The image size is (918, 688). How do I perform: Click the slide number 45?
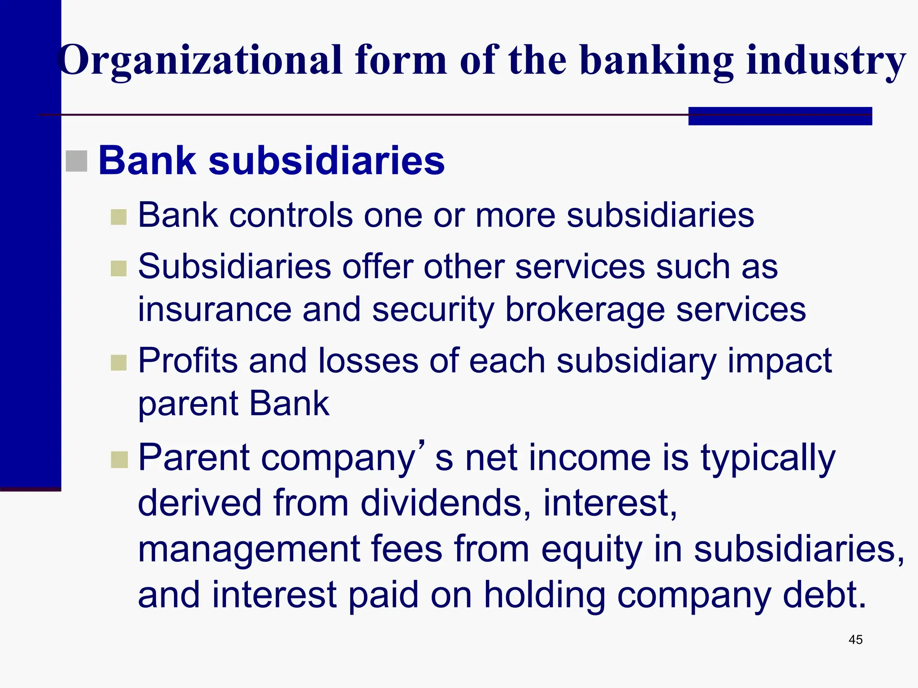coord(855,640)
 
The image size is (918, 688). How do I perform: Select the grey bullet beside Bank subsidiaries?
coord(77,161)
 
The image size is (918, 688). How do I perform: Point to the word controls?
coord(290,215)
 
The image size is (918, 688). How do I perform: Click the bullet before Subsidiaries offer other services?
coord(119,269)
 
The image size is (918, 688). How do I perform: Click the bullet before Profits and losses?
coord(119,363)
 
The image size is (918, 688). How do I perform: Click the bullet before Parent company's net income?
coord(119,460)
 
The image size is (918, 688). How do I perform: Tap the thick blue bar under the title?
coord(780,116)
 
